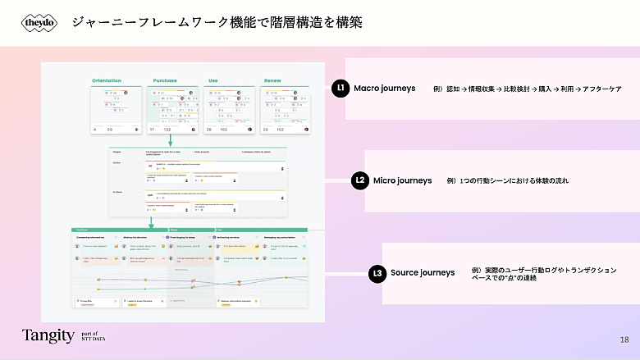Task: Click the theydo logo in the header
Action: tap(40, 23)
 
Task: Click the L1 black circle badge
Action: tap(341, 88)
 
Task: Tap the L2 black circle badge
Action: tap(359, 180)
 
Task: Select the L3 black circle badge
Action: tap(377, 273)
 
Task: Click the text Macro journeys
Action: tap(385, 88)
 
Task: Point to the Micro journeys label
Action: tap(402, 180)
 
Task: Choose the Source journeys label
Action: tap(423, 273)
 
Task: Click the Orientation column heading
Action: tap(107, 80)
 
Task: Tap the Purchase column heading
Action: tap(165, 80)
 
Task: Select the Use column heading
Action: tap(213, 80)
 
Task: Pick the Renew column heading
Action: tap(272, 80)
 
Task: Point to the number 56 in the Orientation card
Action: tap(109, 129)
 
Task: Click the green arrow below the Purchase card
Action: tap(170, 141)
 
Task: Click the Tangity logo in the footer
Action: tap(48, 335)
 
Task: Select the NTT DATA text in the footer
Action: tap(94, 339)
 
